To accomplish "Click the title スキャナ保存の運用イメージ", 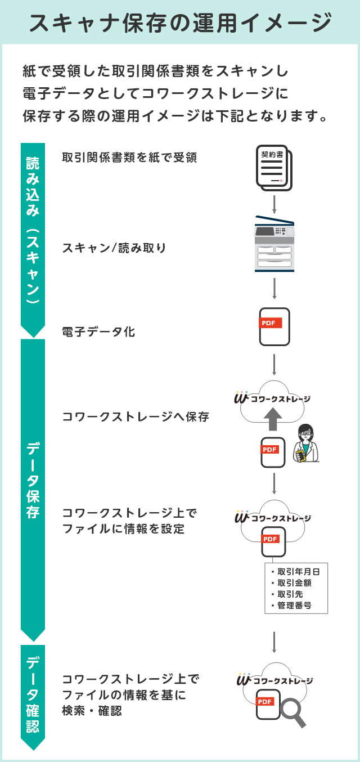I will (x=180, y=23).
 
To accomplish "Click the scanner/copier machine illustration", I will (x=274, y=244).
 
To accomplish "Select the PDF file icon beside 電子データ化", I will (x=274, y=326).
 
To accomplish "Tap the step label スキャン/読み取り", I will (x=114, y=248).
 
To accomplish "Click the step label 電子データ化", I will (x=98, y=332).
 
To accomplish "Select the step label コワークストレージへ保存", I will (x=136, y=417).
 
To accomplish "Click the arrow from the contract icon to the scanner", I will (x=274, y=203).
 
